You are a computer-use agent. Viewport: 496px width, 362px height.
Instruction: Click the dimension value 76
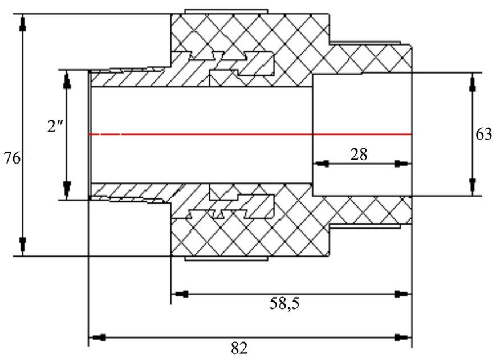[x=12, y=158]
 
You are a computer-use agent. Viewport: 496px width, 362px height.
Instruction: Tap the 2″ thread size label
[x=53, y=127]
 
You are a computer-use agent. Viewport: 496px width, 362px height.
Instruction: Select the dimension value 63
[x=483, y=134]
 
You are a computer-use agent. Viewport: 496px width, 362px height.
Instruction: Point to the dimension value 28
[x=359, y=154]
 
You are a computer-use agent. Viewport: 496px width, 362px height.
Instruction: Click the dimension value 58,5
[x=284, y=304]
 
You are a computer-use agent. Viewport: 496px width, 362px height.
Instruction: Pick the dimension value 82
[x=239, y=349]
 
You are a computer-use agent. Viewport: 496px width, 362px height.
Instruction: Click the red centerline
[x=250, y=135]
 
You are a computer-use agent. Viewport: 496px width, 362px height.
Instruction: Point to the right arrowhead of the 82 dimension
[x=403, y=337]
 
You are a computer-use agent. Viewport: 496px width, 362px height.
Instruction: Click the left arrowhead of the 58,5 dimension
[x=180, y=294]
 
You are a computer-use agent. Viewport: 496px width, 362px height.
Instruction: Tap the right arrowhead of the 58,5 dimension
[x=403, y=294]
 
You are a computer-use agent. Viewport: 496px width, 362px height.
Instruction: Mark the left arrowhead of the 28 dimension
[x=321, y=164]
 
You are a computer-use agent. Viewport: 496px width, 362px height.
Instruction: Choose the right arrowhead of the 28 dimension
[x=403, y=164]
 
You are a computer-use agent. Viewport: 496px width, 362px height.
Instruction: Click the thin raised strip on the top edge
[x=226, y=12]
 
